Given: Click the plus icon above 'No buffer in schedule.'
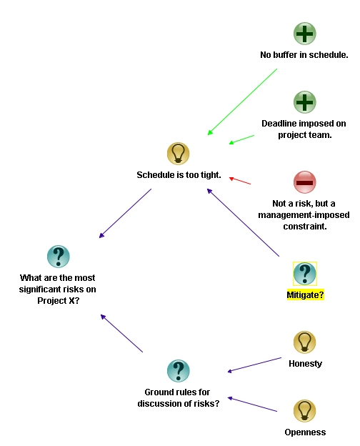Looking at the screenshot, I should point(305,34).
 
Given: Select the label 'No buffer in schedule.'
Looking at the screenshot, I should point(304,55).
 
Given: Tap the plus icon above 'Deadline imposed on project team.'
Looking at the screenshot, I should point(305,102).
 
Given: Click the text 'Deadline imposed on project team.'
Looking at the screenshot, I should point(304,129).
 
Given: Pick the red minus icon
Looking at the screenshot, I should point(305,182).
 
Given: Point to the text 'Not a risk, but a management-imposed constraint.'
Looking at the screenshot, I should point(304,214).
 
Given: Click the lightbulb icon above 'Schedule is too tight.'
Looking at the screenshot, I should point(178,153).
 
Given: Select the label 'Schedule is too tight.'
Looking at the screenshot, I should point(179,175).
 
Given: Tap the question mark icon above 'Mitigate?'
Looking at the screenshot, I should point(305,273).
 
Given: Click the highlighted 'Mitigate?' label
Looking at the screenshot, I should point(305,294).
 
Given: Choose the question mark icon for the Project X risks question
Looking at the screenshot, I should point(58,257).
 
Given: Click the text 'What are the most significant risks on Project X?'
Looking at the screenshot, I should point(58,289).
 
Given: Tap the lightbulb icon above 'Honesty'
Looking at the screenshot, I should point(305,342).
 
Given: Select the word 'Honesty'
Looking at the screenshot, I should point(305,364).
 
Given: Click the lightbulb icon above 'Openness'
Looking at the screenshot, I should point(305,411).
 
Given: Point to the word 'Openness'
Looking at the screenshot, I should point(305,432).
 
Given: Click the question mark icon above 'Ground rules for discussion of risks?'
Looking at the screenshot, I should point(178,371).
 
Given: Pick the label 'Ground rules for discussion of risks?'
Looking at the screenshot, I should point(179,397).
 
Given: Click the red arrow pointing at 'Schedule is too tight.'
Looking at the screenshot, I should point(240,181).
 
